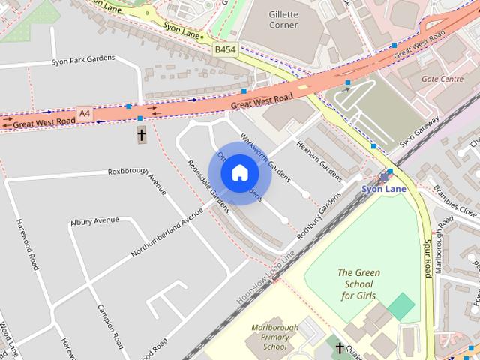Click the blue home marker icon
(239, 173)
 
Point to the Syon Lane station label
(383, 189)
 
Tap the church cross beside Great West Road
(141, 136)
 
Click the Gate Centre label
(442, 79)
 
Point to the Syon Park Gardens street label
(82, 59)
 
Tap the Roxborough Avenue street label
(136, 180)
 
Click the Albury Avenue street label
(94, 220)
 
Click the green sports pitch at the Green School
(401, 305)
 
